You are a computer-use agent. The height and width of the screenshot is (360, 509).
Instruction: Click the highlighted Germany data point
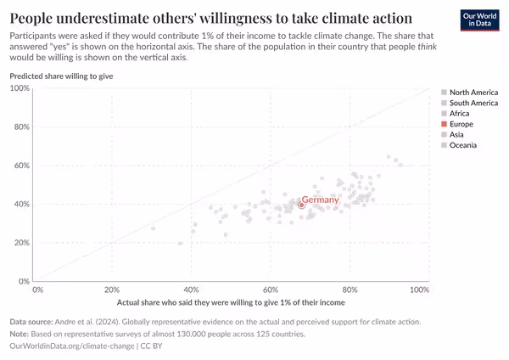point(301,205)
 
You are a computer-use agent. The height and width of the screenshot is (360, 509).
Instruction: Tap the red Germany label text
point(320,200)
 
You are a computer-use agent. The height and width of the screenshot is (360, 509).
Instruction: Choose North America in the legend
point(473,92)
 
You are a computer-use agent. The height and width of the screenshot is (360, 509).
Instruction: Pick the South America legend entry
point(473,103)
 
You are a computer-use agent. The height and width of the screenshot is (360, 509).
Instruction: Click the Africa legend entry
point(459,113)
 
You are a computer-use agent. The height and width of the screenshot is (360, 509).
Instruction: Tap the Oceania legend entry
point(462,145)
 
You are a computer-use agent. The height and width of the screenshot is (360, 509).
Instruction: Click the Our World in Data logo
point(479,20)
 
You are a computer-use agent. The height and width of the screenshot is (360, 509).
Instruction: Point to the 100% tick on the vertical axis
point(20,88)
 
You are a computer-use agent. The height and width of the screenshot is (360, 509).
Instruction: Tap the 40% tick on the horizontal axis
point(192,290)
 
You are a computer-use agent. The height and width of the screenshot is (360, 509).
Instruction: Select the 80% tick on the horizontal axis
point(350,290)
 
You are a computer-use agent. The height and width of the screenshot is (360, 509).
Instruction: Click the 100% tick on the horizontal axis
point(419,290)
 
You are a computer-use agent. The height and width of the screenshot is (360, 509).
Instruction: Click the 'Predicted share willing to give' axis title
point(61,76)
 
